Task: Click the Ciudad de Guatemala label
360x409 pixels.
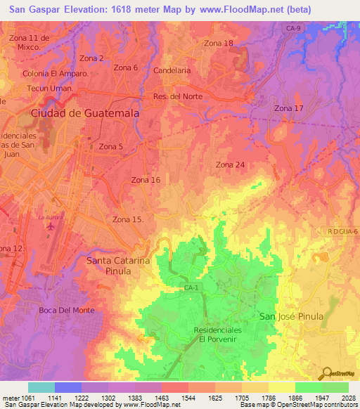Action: (84, 112)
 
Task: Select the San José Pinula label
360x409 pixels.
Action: (292, 316)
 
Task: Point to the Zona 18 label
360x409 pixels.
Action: (218, 44)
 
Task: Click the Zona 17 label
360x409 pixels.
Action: (289, 108)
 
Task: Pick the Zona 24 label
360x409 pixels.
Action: (230, 164)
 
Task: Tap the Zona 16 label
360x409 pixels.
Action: (146, 180)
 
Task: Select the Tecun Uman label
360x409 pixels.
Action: (50, 88)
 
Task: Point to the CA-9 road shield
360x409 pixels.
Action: (293, 28)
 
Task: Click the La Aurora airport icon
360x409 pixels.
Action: (50, 226)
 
